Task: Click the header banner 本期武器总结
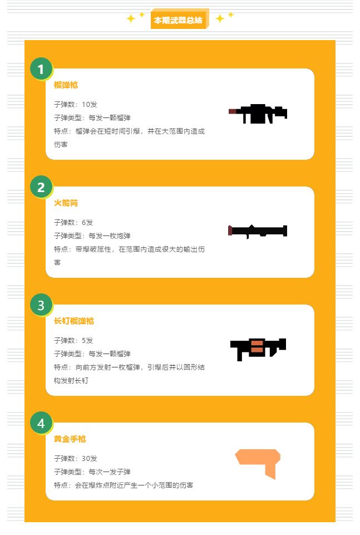pyautogui.click(x=179, y=19)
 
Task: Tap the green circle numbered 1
pyautogui.click(x=41, y=69)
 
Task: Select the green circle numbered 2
pyautogui.click(x=41, y=187)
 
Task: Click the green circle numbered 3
pyautogui.click(x=41, y=305)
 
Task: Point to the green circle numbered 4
pyautogui.click(x=41, y=423)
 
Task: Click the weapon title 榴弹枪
pyautogui.click(x=66, y=85)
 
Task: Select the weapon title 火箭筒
pyautogui.click(x=66, y=203)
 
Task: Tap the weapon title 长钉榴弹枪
pyautogui.click(x=73, y=321)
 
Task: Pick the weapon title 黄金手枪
pyautogui.click(x=70, y=439)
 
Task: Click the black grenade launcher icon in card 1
pyautogui.click(x=258, y=114)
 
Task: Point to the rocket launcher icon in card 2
pyautogui.click(x=258, y=232)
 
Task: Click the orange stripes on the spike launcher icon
pyautogui.click(x=257, y=346)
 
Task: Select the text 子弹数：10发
pyautogui.click(x=75, y=105)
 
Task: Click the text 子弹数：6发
pyautogui.click(x=73, y=223)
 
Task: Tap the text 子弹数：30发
pyautogui.click(x=75, y=459)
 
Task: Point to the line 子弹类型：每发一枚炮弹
pyautogui.click(x=92, y=236)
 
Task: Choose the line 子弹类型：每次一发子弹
pyautogui.click(x=92, y=472)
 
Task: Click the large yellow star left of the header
pyautogui.click(x=131, y=18)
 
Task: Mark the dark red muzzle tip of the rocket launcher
pyautogui.click(x=230, y=230)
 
